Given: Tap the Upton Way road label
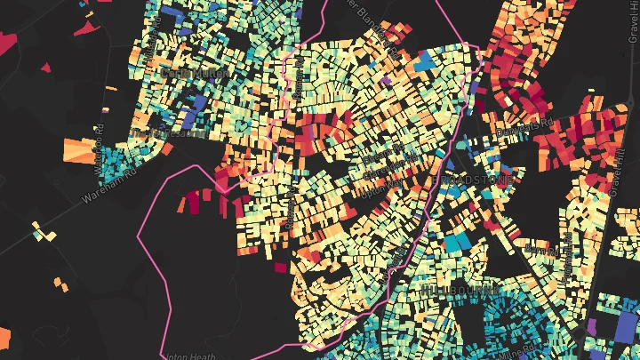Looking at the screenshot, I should point(384,185).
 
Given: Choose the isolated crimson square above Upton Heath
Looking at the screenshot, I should point(281,267).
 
